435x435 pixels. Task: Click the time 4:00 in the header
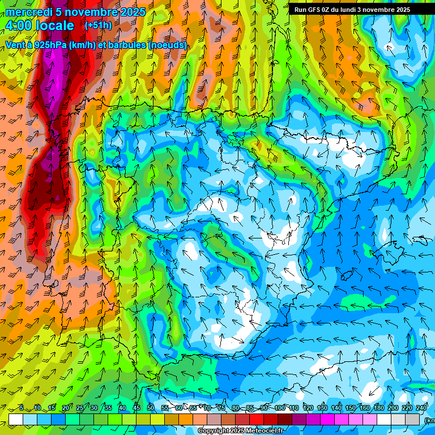[19, 25]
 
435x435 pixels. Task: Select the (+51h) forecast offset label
[98, 25]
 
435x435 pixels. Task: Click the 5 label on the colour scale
[22, 408]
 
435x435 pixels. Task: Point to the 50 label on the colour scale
[150, 408]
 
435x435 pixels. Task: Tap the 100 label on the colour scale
[279, 408]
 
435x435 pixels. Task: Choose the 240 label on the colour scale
[421, 408]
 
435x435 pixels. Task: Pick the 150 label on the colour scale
[351, 408]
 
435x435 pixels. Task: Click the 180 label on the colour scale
[379, 408]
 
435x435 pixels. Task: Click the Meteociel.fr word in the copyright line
[266, 431]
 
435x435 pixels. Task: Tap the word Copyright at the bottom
[214, 431]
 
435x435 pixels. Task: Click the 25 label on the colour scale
[79, 408]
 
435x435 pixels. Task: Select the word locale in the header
[55, 25]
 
